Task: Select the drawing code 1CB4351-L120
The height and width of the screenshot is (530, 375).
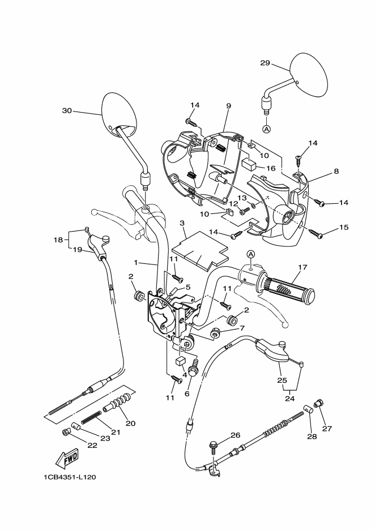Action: tap(70, 477)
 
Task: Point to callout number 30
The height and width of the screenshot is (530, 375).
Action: tap(67, 110)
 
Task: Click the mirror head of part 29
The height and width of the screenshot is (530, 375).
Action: tap(309, 74)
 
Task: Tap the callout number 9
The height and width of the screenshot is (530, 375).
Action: tap(229, 106)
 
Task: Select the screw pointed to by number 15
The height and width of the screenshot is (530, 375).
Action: tap(316, 233)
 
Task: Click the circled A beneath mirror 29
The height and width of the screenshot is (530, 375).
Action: tap(266, 129)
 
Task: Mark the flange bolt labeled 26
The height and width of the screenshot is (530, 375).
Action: tap(214, 446)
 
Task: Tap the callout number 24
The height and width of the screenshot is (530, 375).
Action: tap(290, 398)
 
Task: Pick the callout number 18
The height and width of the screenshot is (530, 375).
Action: tap(58, 240)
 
